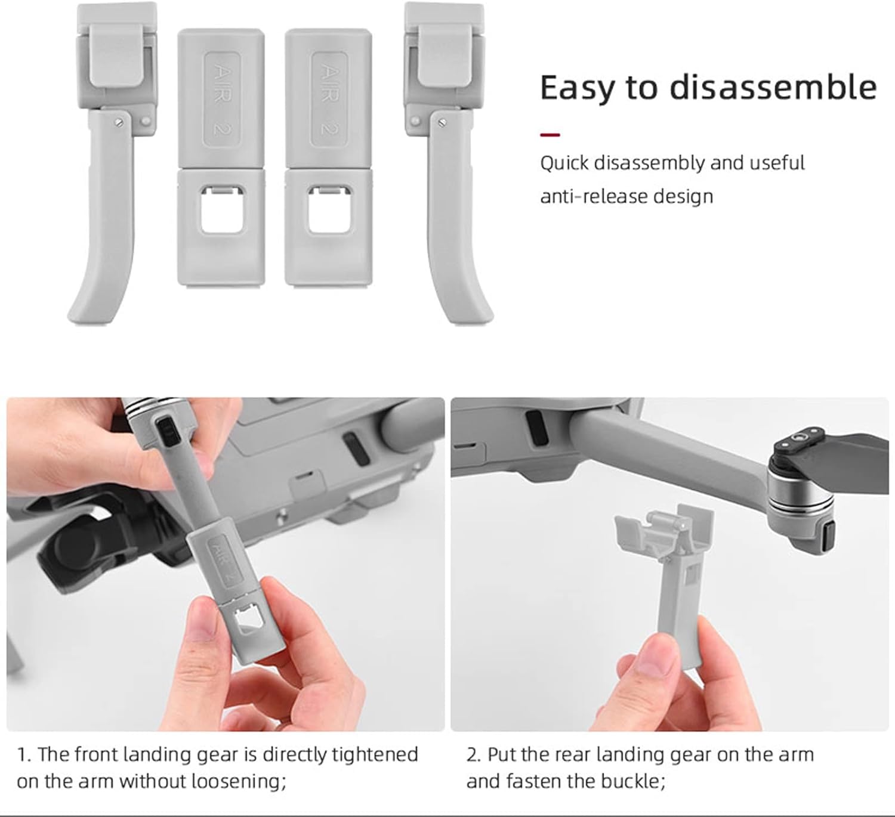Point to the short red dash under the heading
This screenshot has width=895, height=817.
(550, 134)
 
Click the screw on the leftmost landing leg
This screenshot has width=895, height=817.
(119, 123)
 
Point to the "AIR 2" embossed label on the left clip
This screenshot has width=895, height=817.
(222, 100)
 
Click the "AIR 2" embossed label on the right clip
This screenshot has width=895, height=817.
(329, 100)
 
